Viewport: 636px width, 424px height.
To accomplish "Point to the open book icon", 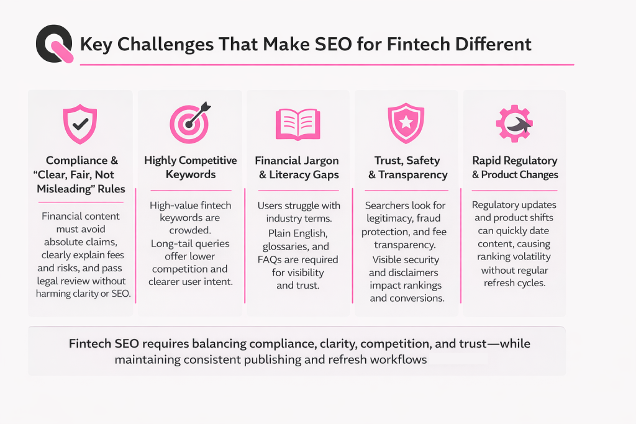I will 298,122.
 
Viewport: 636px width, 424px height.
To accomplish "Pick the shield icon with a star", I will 406,121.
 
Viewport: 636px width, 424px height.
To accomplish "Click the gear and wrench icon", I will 514,122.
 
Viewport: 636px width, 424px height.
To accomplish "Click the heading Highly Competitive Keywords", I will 191,167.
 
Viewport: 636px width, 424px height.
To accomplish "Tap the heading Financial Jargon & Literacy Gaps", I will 299,167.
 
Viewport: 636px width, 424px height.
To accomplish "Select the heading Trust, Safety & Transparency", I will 407,167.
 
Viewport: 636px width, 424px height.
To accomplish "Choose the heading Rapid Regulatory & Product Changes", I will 515,167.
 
